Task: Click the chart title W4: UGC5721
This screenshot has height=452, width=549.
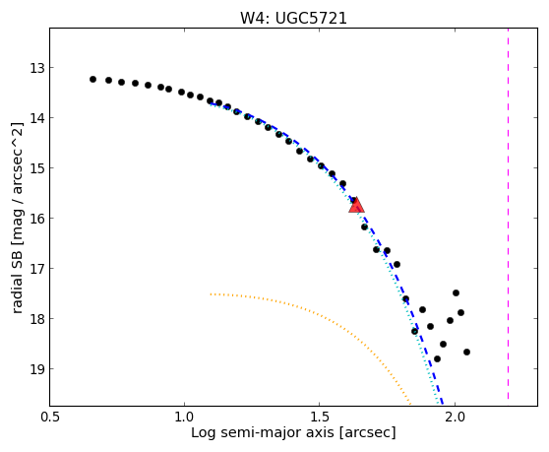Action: (x=293, y=18)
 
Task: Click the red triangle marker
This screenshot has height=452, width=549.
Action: (x=356, y=206)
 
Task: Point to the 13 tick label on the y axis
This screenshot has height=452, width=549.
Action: (x=37, y=68)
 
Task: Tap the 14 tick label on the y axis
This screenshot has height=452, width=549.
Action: (x=37, y=118)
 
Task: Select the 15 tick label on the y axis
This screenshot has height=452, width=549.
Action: (x=37, y=168)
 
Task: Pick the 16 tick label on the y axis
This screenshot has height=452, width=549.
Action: (x=37, y=219)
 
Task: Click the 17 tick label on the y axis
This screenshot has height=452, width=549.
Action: (x=37, y=269)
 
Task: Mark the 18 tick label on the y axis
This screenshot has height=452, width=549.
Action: (x=37, y=319)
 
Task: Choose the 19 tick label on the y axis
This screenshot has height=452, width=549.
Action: (x=37, y=369)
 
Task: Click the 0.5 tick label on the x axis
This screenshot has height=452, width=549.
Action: (x=50, y=418)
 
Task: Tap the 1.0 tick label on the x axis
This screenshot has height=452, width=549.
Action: (x=184, y=418)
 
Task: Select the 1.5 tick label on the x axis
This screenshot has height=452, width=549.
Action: (x=320, y=418)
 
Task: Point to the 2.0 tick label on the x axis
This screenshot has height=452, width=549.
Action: (x=455, y=418)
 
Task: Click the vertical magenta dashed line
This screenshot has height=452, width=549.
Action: (x=508, y=215)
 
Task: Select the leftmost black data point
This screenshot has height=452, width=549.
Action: (x=92, y=79)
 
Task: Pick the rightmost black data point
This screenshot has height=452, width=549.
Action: (x=466, y=352)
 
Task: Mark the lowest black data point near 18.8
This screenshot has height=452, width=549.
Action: (x=437, y=358)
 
